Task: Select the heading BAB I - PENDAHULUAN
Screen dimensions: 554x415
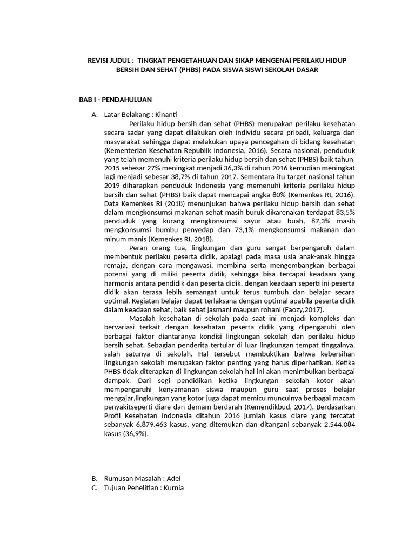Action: pos(116,100)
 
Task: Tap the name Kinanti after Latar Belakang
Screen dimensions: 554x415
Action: pos(166,115)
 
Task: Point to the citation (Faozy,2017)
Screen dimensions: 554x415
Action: pos(300,309)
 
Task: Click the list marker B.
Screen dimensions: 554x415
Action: pos(95,478)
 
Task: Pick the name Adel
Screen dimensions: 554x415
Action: pos(174,478)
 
